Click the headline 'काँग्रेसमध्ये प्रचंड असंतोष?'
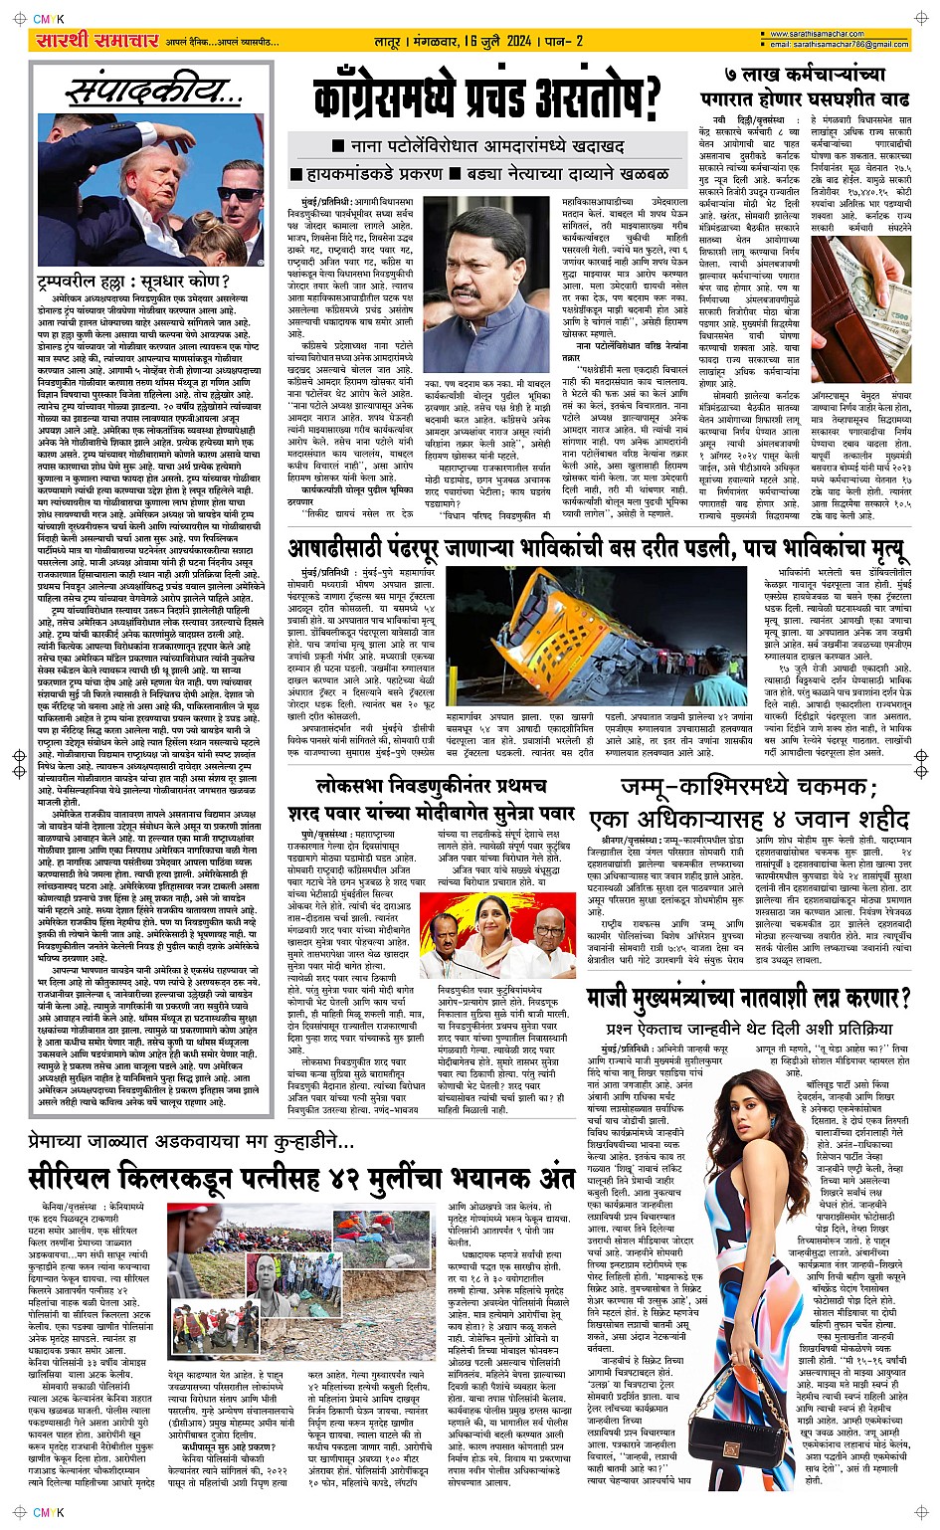[x=487, y=99]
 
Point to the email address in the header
[x=835, y=45]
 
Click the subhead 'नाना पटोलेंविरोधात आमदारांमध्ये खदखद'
[x=487, y=146]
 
